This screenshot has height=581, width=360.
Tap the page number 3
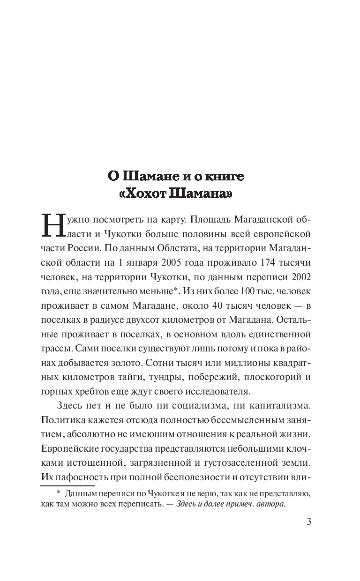tap(308, 522)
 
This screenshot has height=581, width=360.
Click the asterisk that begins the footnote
tap(59, 493)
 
